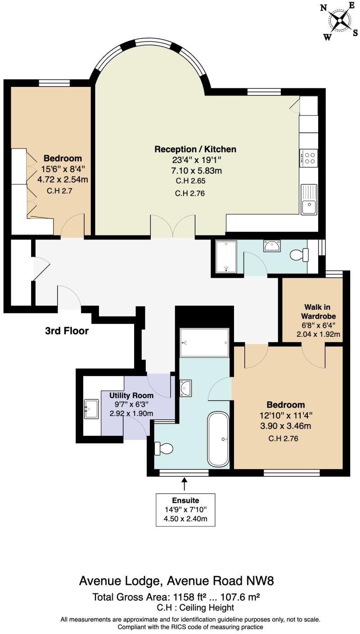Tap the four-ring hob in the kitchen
(309, 158)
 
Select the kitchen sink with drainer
(309, 199)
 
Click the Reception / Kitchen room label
(195, 149)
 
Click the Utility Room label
(128, 395)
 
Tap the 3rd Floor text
(67, 331)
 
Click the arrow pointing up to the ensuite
(184, 485)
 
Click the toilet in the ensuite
(163, 448)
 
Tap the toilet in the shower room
(299, 255)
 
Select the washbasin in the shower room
(273, 246)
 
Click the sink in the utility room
(91, 409)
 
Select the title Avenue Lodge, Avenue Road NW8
(176, 581)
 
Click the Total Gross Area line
(176, 598)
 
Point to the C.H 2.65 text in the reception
(191, 181)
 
